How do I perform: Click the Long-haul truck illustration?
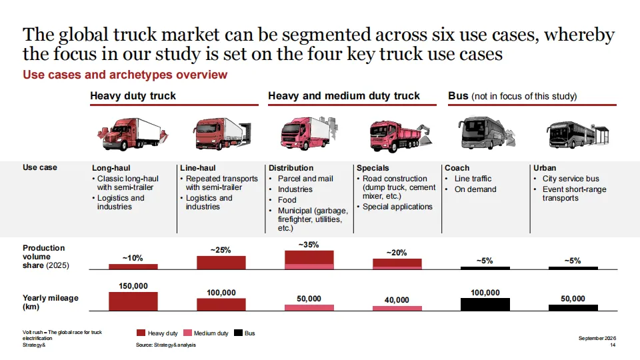tap(133, 134)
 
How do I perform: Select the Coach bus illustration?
tap(487, 132)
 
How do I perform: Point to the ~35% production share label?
tap(309, 245)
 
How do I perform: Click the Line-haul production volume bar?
tap(221, 263)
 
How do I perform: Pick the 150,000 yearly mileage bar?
tap(133, 301)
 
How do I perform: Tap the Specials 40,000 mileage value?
tap(397, 300)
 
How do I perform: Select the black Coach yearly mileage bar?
tap(485, 305)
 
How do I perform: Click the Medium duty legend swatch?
tap(187, 333)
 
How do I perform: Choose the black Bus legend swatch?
tap(239, 333)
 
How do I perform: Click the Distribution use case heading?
tap(291, 168)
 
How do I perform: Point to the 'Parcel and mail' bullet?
tap(305, 179)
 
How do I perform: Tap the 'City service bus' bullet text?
tap(571, 179)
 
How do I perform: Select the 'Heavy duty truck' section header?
tap(133, 96)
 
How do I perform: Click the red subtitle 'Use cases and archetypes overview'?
tap(125, 75)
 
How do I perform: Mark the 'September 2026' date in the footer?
tap(597, 338)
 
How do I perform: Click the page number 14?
tap(613, 345)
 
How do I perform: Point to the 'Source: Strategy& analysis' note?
tap(166, 345)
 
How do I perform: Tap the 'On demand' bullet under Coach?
tap(475, 189)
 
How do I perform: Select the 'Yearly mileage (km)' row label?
tap(51, 302)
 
